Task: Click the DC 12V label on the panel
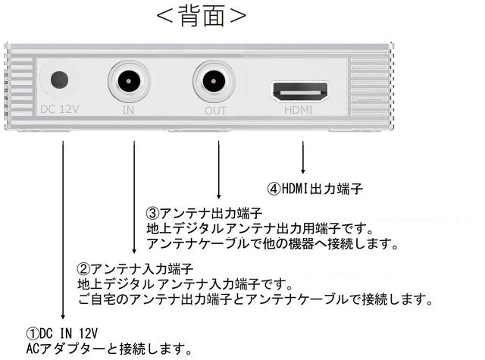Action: click(x=60, y=109)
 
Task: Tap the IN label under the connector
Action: click(x=128, y=110)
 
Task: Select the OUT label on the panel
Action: click(x=216, y=110)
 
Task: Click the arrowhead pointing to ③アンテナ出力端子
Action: click(x=219, y=195)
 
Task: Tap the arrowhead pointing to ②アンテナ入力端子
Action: click(x=134, y=249)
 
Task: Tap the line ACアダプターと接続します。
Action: click(x=106, y=349)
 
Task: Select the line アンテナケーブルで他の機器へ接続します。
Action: click(x=273, y=244)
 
